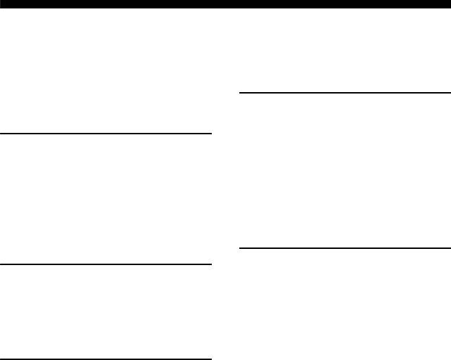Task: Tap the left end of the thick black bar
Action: point(2,3)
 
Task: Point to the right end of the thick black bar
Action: point(448,3)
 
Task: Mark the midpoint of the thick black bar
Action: point(225,3)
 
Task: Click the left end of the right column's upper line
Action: point(241,92)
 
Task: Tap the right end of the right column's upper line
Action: point(449,92)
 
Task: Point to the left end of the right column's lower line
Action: point(241,247)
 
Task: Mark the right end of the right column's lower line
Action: point(449,247)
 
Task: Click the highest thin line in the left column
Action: point(106,133)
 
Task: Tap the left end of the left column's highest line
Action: point(1,133)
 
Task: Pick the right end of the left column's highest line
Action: point(210,133)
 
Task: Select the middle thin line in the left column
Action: point(106,264)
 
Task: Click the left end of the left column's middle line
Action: point(1,264)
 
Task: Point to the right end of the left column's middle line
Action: point(210,264)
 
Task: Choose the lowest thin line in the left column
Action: point(106,359)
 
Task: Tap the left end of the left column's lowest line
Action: point(1,359)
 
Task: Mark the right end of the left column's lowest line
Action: point(210,359)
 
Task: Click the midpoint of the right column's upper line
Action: point(345,92)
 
